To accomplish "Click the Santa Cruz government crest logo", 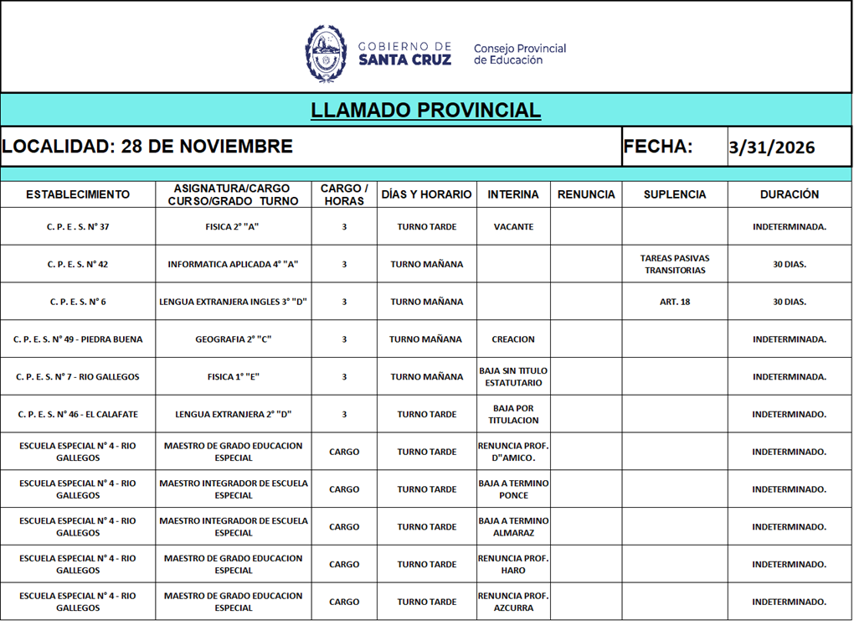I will tap(326, 53).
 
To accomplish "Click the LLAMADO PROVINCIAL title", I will tap(425, 110).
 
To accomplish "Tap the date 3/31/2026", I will tap(771, 147).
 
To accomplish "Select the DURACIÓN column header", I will tap(789, 194).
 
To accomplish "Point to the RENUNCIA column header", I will tap(585, 194).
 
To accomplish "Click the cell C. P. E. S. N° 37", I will tap(78, 227).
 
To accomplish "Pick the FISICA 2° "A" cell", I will tap(233, 227).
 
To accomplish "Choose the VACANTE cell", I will tap(513, 227).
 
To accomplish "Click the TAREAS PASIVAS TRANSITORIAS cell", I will tap(674, 264).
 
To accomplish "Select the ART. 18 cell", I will tap(674, 302).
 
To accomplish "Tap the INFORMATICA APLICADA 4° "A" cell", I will tap(233, 264).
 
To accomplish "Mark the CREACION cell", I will tap(513, 339).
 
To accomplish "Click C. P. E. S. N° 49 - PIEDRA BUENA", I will tap(78, 339).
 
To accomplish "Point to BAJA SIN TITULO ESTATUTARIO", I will tap(513, 376).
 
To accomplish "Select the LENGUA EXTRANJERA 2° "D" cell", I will tap(233, 414).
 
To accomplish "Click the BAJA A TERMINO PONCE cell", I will tap(513, 489).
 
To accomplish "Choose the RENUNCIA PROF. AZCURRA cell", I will tap(513, 602).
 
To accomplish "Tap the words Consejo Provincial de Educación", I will tap(519, 54).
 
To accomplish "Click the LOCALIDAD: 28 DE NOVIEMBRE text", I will tap(147, 147).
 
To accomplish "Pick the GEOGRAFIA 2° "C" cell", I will tap(233, 339).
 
